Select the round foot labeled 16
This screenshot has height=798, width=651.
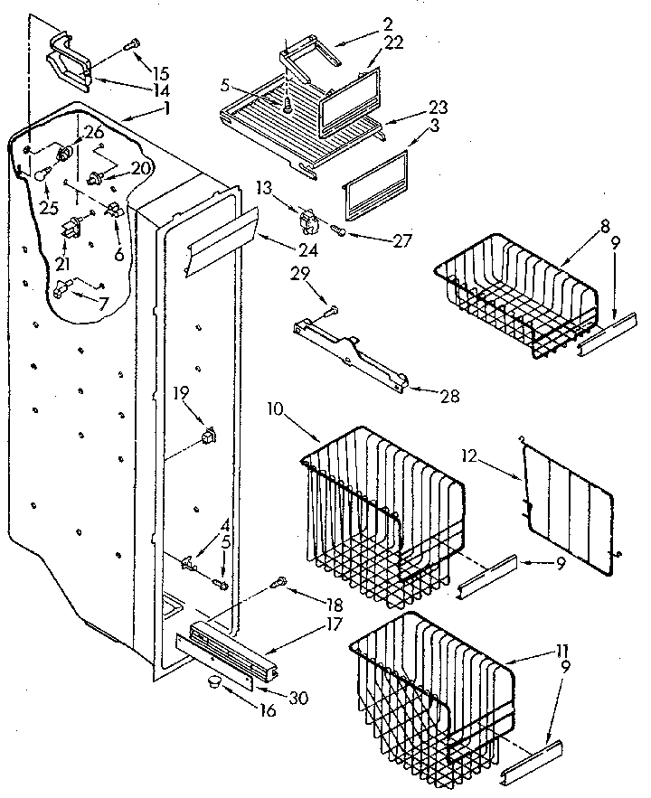[213, 680]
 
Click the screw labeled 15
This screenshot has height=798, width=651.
[133, 42]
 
